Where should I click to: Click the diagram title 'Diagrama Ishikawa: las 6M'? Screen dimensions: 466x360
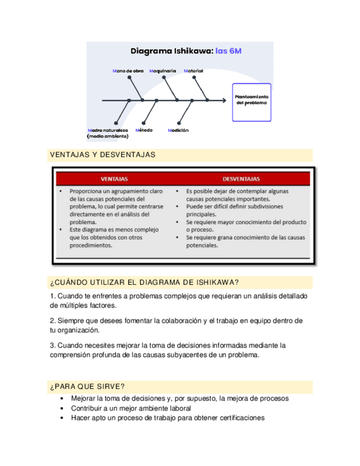point(186,51)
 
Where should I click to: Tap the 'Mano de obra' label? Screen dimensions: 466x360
point(128,71)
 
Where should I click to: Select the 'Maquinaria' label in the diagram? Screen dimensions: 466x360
point(163,71)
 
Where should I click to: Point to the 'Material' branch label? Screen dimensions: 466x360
point(193,71)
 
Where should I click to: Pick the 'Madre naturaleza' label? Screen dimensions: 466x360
point(108,130)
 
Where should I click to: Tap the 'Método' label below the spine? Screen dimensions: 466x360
point(144,130)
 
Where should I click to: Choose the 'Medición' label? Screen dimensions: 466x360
point(178,130)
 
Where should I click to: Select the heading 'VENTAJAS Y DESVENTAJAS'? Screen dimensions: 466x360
point(103,156)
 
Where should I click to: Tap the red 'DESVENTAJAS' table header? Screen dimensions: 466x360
point(241,179)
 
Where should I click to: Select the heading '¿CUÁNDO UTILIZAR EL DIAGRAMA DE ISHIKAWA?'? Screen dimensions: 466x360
point(144,282)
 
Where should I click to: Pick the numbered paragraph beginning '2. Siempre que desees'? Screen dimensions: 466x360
point(176,325)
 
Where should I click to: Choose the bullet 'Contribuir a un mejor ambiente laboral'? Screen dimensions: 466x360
point(131,408)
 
